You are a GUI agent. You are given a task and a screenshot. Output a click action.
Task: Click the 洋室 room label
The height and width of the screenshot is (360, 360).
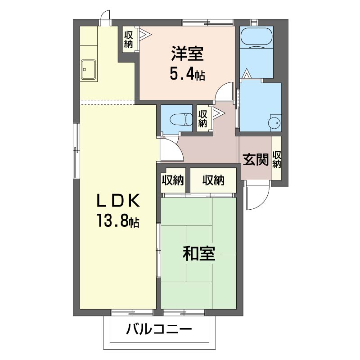coord(187,54)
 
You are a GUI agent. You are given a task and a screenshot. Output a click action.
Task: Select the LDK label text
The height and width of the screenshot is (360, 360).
coord(118,200)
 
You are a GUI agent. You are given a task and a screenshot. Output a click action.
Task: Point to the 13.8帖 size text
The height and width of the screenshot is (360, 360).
coord(118,220)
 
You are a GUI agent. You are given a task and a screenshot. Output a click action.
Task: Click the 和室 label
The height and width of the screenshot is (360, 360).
coord(199,253)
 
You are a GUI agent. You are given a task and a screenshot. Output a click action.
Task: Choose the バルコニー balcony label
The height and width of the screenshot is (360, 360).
coord(159,330)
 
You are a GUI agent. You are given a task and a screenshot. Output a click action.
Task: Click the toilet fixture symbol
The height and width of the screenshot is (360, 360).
coord(181,119)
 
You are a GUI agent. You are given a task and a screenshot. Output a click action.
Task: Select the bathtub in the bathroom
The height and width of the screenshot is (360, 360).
coord(256,37)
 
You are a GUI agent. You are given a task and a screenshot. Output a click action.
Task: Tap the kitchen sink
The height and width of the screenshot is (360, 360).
coord(88,69)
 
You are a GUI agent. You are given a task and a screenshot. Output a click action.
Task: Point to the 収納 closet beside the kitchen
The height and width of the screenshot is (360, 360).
coord(128,40)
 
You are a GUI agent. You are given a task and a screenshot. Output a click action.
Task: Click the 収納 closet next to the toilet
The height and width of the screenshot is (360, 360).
coord(203,118)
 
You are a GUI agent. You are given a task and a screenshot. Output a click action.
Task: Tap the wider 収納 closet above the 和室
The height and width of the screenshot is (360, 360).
coord(213,180)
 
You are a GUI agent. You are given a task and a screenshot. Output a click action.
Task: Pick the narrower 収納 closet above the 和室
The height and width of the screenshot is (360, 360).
coord(173,180)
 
